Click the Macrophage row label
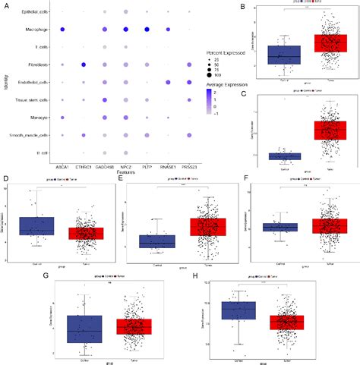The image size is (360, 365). point(37,30)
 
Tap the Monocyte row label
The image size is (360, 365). point(39,118)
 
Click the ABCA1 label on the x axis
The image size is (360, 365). point(62,166)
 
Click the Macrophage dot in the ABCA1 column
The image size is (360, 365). point(62,30)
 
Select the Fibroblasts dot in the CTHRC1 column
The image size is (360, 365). point(84,65)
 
